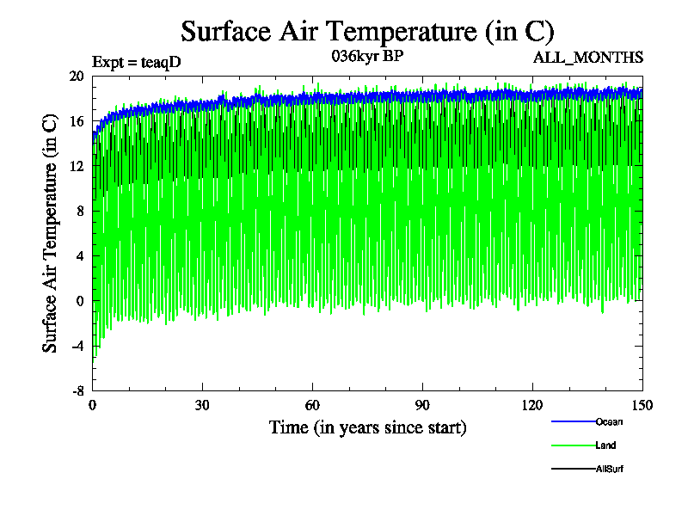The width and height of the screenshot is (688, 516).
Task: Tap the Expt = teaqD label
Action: point(136,61)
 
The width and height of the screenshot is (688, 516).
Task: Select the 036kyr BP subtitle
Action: point(367,57)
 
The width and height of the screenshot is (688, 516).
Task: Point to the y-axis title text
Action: point(51,233)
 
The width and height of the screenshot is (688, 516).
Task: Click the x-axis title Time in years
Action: point(367,427)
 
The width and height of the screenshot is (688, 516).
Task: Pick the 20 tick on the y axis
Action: point(77,76)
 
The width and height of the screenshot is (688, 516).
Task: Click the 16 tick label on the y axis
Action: point(77,121)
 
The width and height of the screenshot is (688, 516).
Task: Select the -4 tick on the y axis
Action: point(77,346)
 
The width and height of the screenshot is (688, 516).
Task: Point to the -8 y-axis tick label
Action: point(77,390)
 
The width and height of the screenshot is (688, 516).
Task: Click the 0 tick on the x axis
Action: point(93,405)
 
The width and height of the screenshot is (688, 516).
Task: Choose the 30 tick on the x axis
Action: point(202,405)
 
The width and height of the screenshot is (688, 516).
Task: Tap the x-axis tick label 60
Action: point(312,405)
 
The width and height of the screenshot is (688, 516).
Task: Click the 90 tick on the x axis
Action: point(422,405)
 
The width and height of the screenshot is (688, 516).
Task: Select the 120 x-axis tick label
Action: point(532,405)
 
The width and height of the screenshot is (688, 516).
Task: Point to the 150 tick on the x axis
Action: point(642,405)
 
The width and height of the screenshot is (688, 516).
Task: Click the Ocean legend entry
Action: point(608,421)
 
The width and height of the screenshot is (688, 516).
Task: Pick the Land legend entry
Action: point(605,445)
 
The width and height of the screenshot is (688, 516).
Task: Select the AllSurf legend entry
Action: point(609,469)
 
